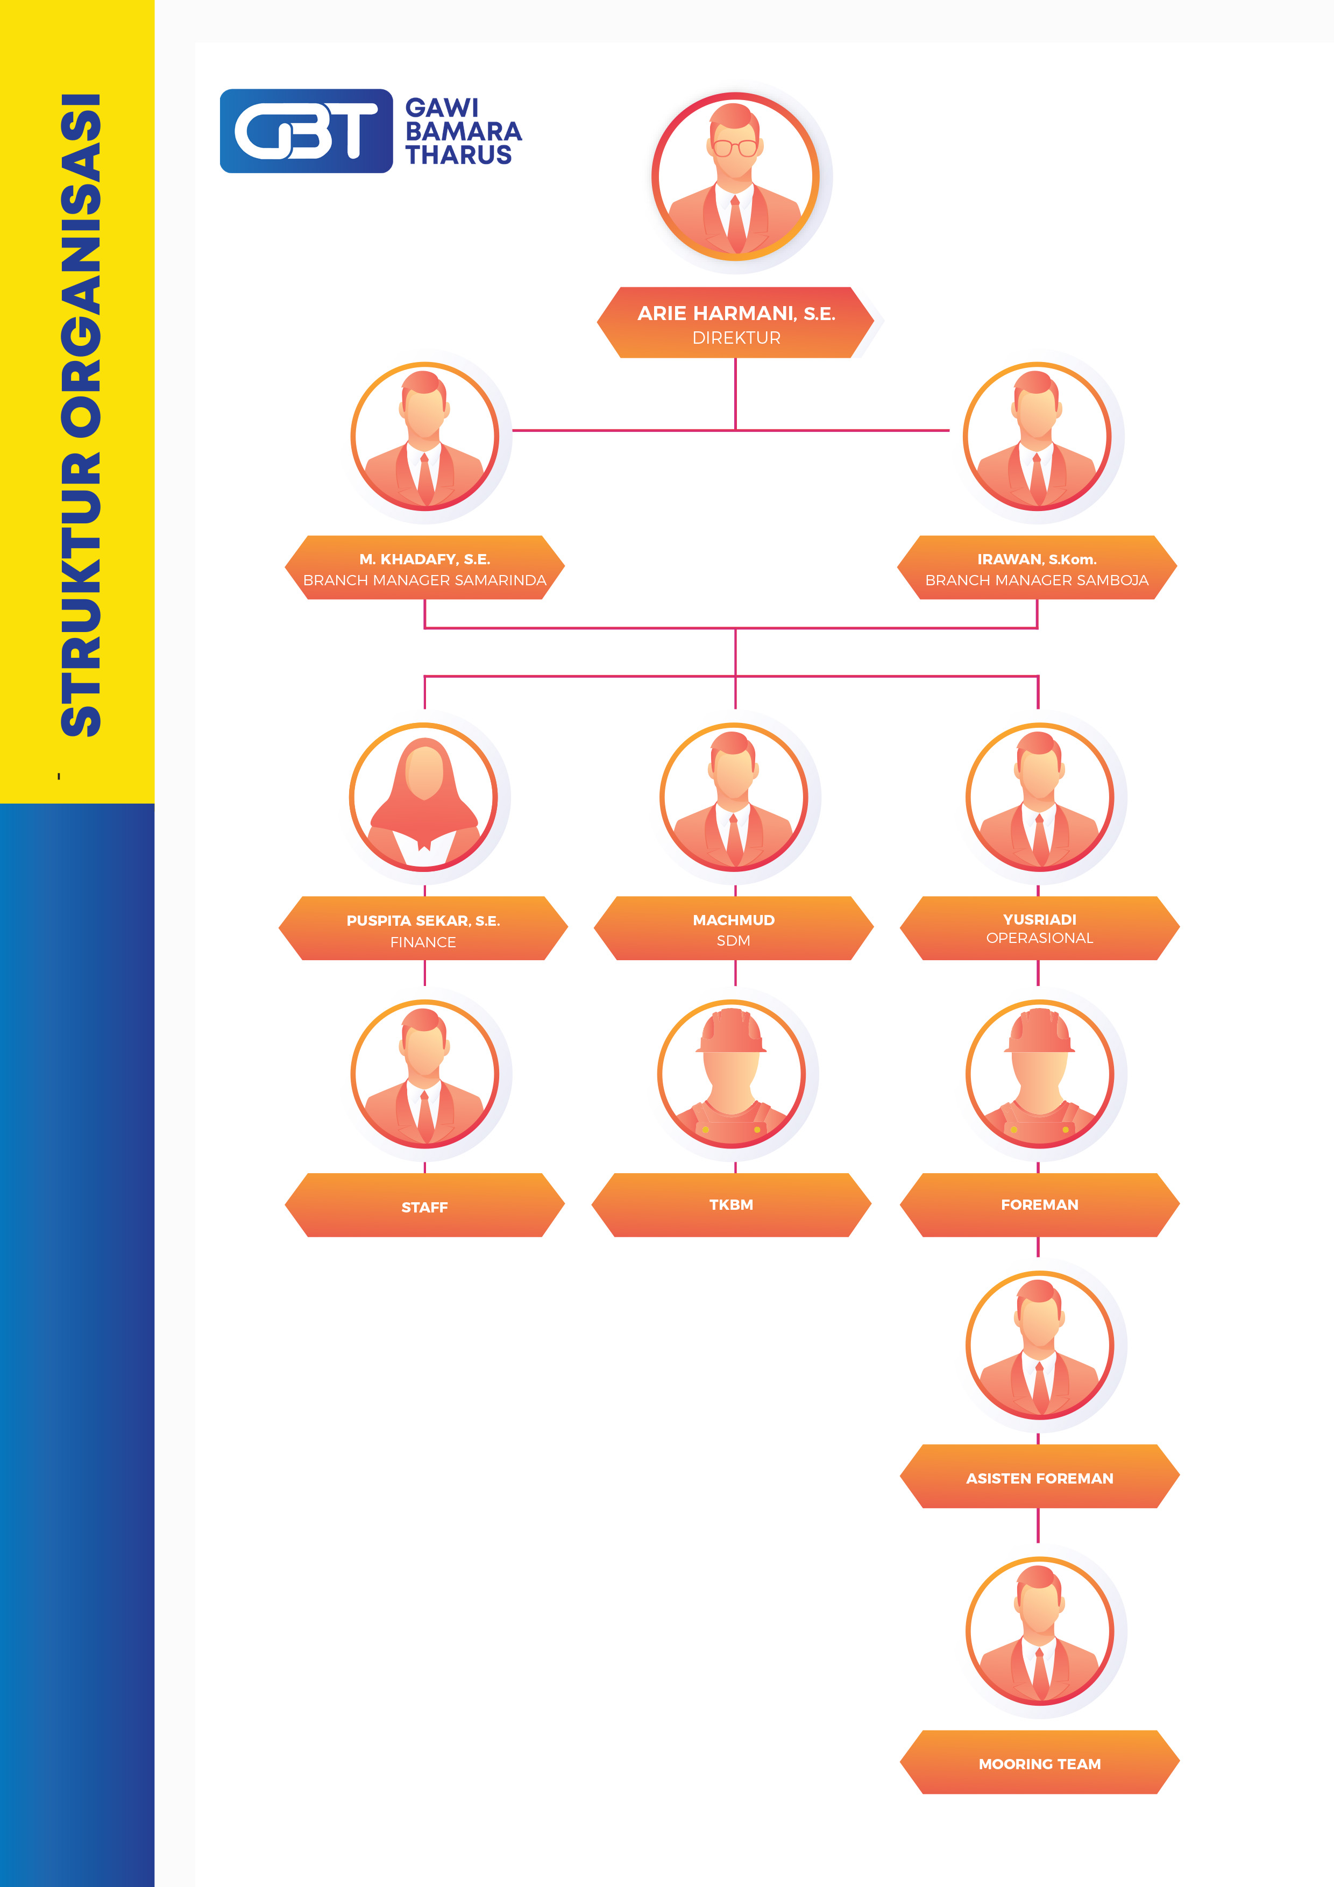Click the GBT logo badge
point(306,131)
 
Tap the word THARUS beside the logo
point(459,155)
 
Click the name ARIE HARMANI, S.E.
point(736,313)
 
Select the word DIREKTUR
point(736,338)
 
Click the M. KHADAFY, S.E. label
point(424,559)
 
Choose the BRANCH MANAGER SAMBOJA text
point(1037,580)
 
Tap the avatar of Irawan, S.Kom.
point(1037,436)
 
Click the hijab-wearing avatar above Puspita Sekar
point(424,797)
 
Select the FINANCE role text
point(423,942)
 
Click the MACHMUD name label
point(733,920)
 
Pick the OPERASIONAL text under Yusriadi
point(1039,938)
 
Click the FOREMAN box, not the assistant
point(1039,1204)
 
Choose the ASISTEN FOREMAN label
point(1039,1478)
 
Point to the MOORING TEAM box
point(1039,1764)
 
